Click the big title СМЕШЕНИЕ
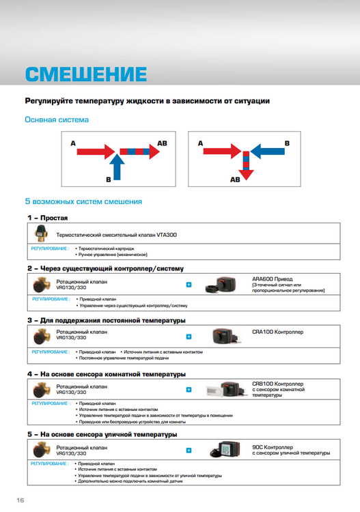click(x=85, y=73)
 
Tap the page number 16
click(x=20, y=500)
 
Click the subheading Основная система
click(x=57, y=120)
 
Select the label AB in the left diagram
click(x=162, y=143)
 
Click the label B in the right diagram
click(x=287, y=143)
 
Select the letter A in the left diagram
click(x=72, y=143)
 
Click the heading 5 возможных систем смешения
click(x=83, y=202)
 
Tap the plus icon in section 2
click(x=189, y=285)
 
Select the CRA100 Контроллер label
click(x=278, y=332)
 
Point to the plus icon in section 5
click(x=189, y=451)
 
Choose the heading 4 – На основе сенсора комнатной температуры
click(x=107, y=374)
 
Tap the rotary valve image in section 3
click(x=40, y=337)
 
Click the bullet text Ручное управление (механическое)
click(x=113, y=254)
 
